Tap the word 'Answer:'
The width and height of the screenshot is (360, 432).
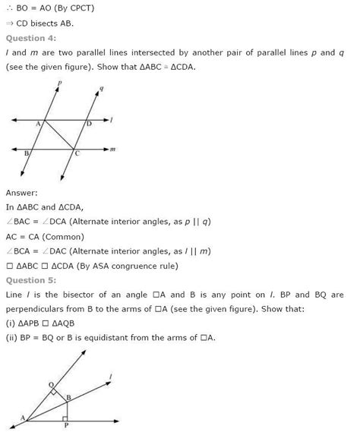[x=21, y=193]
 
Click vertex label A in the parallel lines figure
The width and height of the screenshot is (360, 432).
[x=36, y=120]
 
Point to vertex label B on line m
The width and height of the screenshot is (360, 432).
[x=27, y=153]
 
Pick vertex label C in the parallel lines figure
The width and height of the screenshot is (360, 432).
[x=76, y=154]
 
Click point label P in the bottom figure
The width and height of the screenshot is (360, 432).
[x=68, y=425]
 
